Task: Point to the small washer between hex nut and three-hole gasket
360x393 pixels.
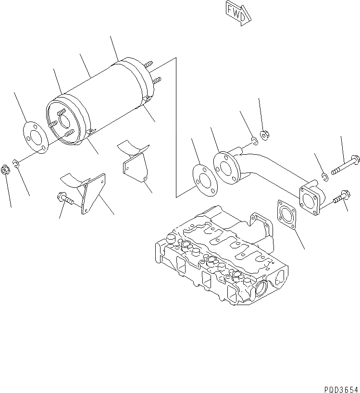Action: [16, 164]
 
